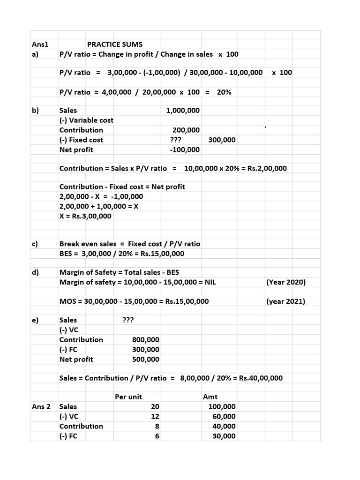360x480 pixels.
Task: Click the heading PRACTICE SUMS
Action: point(114,45)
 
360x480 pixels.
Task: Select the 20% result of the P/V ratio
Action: point(224,92)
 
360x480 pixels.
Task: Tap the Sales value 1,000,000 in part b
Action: point(183,111)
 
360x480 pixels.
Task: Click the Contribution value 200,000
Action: point(186,130)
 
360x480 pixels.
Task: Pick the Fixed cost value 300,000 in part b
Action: point(222,140)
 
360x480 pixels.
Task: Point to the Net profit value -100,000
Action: point(184,150)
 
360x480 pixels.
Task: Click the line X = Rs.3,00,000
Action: point(85,216)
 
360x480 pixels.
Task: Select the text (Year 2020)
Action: point(285,282)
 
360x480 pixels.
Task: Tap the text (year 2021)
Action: point(285,301)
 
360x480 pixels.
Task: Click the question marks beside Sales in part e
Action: point(128,320)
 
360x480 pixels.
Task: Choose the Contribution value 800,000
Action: point(146,339)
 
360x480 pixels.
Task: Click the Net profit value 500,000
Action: point(146,359)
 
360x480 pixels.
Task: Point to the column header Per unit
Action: point(128,397)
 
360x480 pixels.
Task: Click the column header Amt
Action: point(210,397)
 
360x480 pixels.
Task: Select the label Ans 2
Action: point(41,406)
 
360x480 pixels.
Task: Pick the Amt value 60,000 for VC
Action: point(224,416)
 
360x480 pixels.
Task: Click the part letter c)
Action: point(35,244)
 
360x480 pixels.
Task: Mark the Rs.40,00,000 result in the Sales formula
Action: point(261,378)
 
